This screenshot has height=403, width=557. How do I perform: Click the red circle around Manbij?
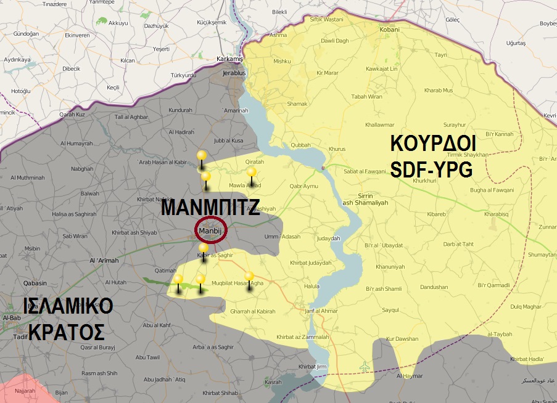(211, 231)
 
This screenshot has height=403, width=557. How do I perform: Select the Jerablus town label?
(234, 73)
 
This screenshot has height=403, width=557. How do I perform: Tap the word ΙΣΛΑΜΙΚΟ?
(68, 306)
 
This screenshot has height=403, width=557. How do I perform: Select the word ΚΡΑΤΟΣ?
(65, 332)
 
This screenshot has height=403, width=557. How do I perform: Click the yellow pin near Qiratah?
(251, 173)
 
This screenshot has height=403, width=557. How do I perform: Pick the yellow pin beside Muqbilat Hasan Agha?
(249, 277)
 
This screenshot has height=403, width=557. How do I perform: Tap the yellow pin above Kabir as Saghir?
(204, 248)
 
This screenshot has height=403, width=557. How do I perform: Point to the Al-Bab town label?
(12, 317)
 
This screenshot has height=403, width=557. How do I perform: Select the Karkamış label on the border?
(231, 59)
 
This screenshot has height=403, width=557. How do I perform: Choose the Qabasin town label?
(36, 283)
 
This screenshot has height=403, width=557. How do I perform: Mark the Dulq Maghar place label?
(507, 306)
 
